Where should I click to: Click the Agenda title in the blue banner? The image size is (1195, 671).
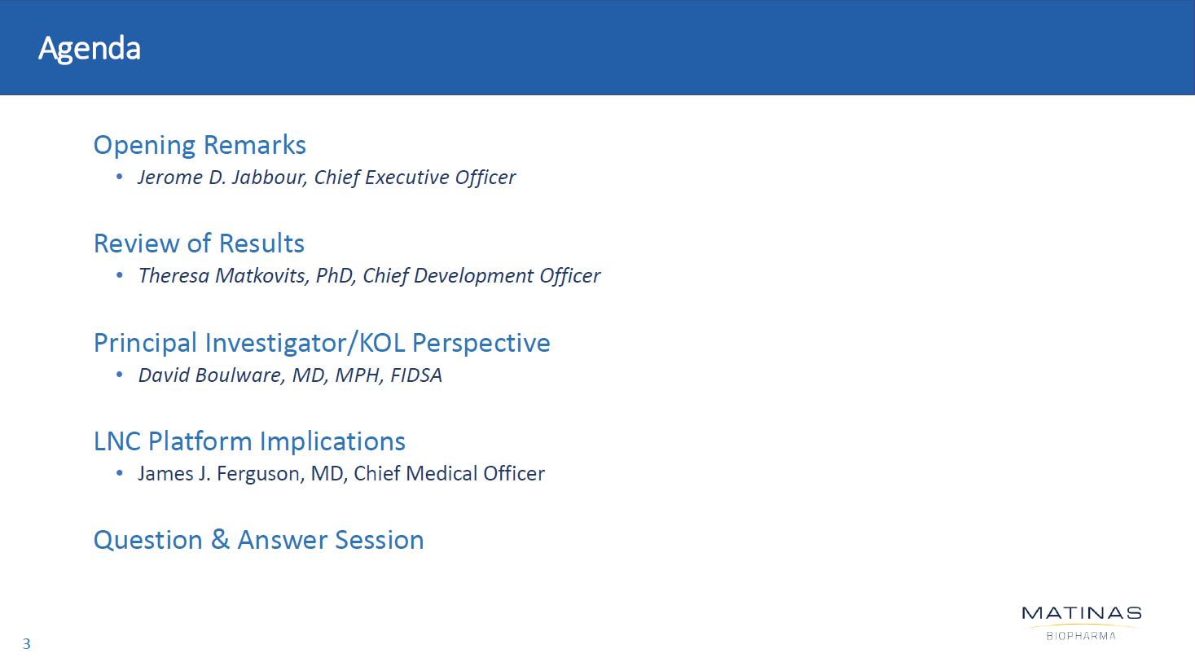(x=90, y=49)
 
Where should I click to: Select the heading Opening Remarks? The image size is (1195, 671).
(x=200, y=145)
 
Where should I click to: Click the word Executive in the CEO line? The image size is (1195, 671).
(x=407, y=177)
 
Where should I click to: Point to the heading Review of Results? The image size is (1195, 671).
(x=199, y=243)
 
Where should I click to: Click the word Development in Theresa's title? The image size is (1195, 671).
(x=473, y=276)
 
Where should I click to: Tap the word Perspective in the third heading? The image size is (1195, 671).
(x=481, y=343)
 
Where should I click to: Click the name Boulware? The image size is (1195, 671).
(x=241, y=375)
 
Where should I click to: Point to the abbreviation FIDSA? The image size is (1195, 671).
(x=416, y=375)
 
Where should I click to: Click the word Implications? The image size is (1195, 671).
(x=332, y=441)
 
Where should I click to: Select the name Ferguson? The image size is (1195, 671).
(x=261, y=474)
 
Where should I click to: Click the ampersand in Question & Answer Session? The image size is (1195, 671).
(x=220, y=540)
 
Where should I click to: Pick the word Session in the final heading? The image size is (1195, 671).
(x=380, y=540)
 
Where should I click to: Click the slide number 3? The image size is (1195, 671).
(x=27, y=644)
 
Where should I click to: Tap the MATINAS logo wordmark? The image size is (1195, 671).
(x=1082, y=613)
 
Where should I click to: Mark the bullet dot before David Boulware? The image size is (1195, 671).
(x=120, y=375)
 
